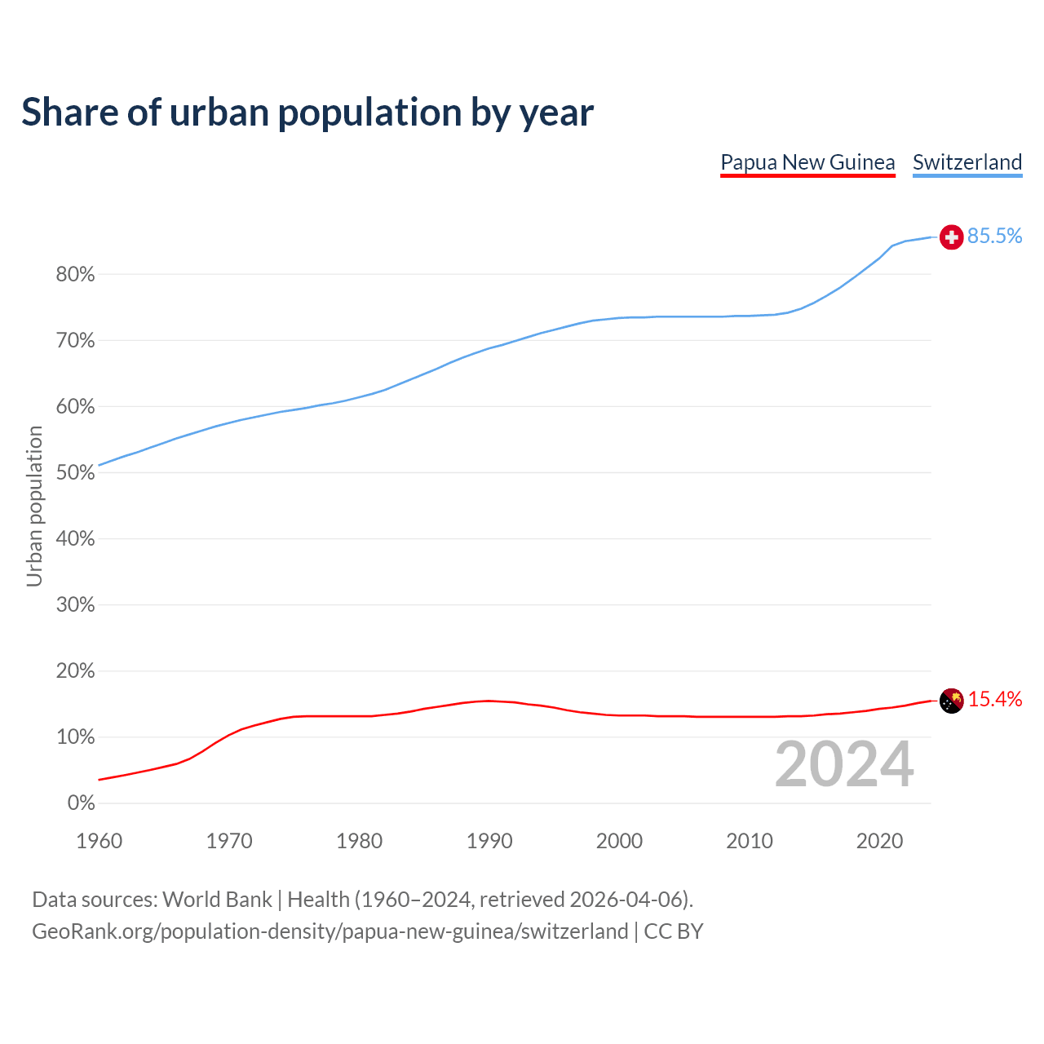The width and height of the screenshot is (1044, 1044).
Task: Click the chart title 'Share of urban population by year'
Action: tap(307, 113)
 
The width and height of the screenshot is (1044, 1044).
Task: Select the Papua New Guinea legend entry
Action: tap(807, 162)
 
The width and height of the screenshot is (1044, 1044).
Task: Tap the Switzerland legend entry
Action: tap(967, 162)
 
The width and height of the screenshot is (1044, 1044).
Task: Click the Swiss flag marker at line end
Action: tap(951, 237)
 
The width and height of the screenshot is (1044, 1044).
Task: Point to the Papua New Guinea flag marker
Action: tap(951, 701)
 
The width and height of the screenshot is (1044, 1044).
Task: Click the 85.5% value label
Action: tap(994, 237)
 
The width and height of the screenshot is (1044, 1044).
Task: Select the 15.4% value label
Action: tap(994, 700)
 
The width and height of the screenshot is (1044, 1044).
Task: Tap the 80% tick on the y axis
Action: tap(76, 275)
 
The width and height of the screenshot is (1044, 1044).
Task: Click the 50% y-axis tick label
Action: tap(76, 473)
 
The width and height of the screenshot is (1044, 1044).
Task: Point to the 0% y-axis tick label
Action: tap(81, 803)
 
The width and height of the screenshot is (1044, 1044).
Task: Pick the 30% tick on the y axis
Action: tap(76, 605)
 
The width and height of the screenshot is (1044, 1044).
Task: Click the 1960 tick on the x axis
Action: tap(100, 841)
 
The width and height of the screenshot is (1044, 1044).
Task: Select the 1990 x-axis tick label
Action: tap(489, 841)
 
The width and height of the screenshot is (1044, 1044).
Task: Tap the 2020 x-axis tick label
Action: tap(879, 841)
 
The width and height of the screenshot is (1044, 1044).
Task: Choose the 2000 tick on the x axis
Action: tap(619, 841)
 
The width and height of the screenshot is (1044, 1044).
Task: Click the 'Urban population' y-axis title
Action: tap(34, 507)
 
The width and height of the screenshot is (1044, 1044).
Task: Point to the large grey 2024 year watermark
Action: tap(843, 765)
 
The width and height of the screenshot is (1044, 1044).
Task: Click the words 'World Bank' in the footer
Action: tap(217, 900)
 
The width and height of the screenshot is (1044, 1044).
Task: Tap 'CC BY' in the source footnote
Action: tap(673, 931)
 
